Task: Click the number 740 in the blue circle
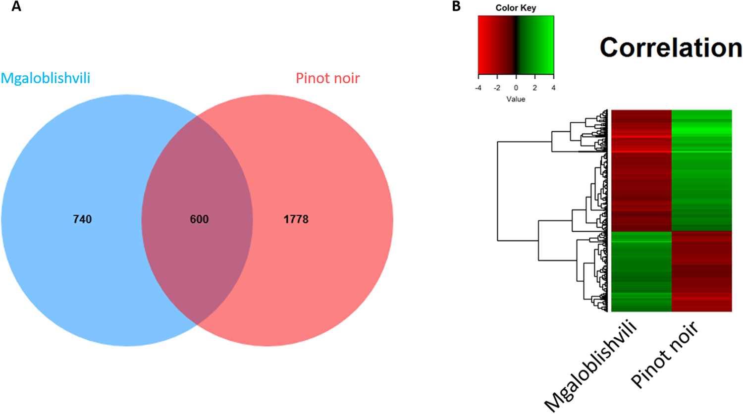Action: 82,219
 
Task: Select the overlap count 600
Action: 199,219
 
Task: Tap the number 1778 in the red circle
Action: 296,219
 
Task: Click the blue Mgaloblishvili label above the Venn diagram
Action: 46,78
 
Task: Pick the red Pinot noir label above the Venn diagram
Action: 327,78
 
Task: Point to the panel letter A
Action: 16,7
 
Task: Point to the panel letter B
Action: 456,7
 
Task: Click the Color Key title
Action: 516,8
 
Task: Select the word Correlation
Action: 671,48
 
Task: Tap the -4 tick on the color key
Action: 478,88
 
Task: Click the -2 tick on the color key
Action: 497,88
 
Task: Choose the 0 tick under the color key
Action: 516,88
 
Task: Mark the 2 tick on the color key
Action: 534,88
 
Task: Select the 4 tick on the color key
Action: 553,88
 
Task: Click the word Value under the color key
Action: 516,99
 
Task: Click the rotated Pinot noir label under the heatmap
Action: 665,355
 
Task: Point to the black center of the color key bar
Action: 516,45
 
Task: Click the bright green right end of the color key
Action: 550,45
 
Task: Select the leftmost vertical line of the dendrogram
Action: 498,191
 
